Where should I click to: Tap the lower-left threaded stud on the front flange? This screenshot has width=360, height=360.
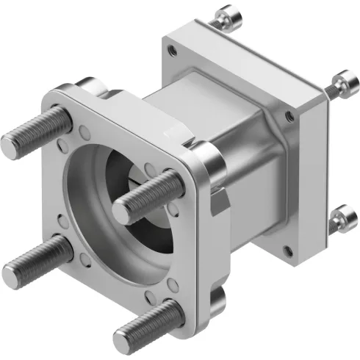pyautogui.click(x=33, y=262)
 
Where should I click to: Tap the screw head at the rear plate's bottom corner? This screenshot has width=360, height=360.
pyautogui.click(x=340, y=217)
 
